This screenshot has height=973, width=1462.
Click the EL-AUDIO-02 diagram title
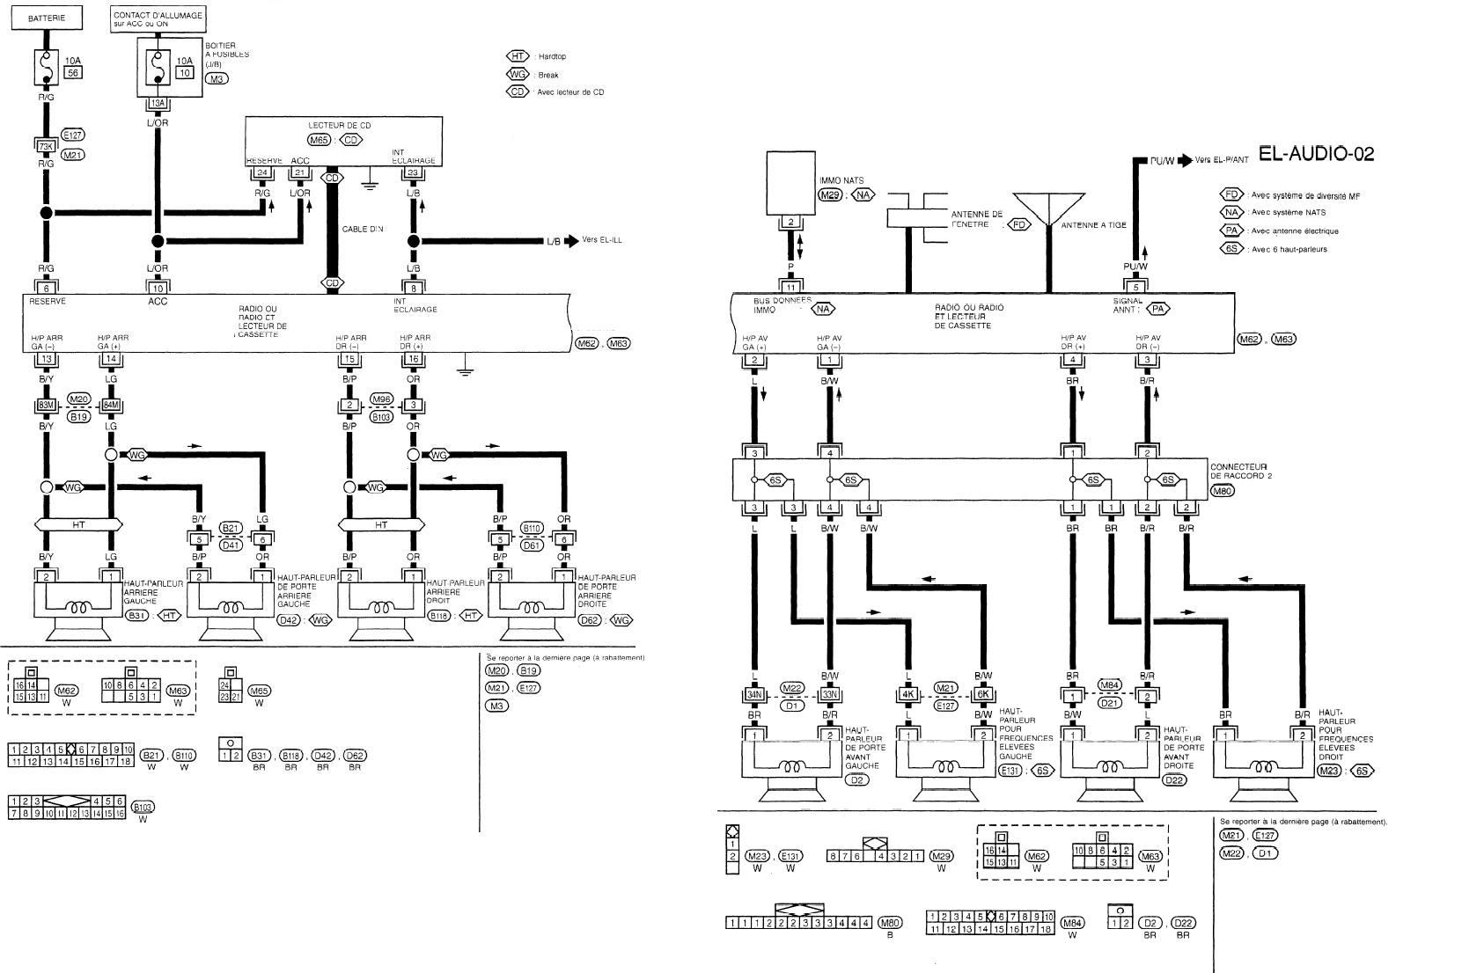click(1316, 154)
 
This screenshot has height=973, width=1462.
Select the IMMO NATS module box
click(791, 182)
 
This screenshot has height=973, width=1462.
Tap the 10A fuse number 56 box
click(74, 73)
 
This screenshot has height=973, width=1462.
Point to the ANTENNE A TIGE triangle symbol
click(1047, 208)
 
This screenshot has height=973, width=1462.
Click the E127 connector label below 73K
click(73, 135)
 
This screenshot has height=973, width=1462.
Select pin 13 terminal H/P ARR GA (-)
click(47, 359)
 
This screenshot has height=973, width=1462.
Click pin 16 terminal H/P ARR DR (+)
click(414, 359)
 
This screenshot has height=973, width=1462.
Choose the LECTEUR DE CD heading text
click(339, 126)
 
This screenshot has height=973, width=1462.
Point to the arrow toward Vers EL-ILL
click(570, 241)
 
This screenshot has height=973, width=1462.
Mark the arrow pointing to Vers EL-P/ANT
click(1185, 161)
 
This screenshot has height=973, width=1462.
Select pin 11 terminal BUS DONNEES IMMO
click(791, 287)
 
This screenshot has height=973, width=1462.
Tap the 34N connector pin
click(753, 695)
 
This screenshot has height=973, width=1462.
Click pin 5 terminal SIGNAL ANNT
click(1135, 287)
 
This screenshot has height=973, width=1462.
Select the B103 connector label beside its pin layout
click(143, 806)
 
